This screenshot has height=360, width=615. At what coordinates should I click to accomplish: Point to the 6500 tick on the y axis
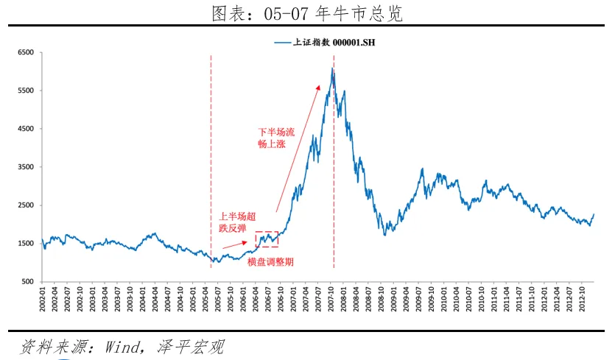tap(26, 53)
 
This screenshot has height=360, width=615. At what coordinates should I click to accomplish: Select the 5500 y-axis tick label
tap(26, 91)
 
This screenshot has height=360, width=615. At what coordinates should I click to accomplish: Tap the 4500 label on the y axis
tap(26, 130)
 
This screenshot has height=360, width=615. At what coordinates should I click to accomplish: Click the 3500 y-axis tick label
tap(26, 167)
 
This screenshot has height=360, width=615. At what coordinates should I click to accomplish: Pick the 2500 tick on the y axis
tap(26, 205)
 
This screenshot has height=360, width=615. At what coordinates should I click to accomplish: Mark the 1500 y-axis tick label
tap(26, 244)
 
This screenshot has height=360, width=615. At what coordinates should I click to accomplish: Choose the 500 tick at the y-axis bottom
tap(28, 282)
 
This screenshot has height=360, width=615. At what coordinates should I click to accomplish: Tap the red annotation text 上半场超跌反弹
tap(238, 223)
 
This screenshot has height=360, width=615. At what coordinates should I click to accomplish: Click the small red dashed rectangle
tap(267, 239)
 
